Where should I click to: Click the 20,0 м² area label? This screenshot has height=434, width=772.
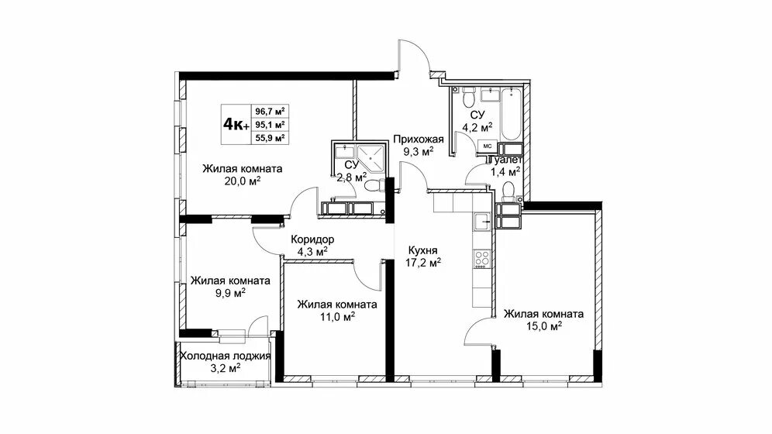click(x=243, y=181)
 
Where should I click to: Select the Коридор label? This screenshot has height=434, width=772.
click(x=312, y=239)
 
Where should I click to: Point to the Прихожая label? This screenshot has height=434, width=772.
click(x=419, y=139)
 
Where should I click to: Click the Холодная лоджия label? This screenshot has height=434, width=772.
click(x=226, y=356)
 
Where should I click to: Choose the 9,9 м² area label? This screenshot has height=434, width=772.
click(x=230, y=293)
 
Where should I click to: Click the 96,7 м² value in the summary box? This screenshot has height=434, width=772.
click(x=271, y=111)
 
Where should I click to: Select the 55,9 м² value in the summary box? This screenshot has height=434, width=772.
click(x=271, y=138)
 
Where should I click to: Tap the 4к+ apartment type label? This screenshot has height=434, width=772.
click(x=236, y=125)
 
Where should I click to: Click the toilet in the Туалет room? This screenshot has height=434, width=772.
click(x=509, y=191)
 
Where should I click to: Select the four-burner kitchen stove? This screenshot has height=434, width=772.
click(x=482, y=259)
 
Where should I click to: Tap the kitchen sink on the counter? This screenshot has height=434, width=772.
click(x=482, y=222)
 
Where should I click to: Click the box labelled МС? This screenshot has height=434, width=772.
click(x=487, y=146)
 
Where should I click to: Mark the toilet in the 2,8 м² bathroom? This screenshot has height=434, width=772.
click(x=375, y=187)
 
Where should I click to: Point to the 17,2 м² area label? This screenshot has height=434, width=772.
click(x=423, y=263)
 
